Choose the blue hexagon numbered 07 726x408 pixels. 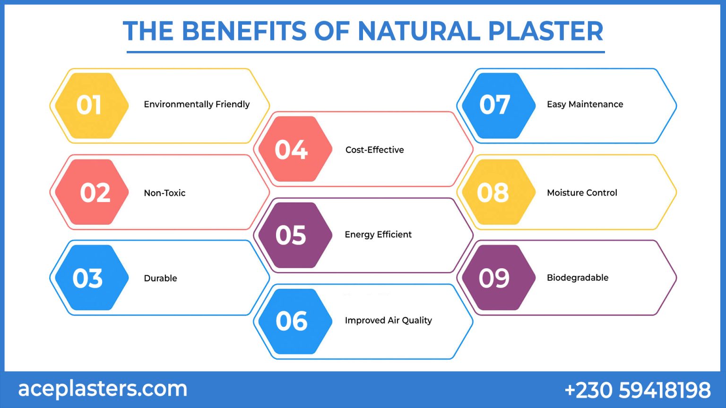498,105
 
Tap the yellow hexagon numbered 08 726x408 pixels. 498,192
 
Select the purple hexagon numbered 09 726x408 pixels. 498,278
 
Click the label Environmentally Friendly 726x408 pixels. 197,104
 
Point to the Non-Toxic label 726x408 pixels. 164,193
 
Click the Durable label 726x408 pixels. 160,278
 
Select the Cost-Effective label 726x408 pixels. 374,150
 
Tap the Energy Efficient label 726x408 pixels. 378,235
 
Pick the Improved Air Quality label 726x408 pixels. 388,320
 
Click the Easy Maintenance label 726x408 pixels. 585,104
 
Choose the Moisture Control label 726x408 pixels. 582,193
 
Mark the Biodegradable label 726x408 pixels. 578,278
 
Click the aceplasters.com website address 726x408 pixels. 103,389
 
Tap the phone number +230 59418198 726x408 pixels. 638,390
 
